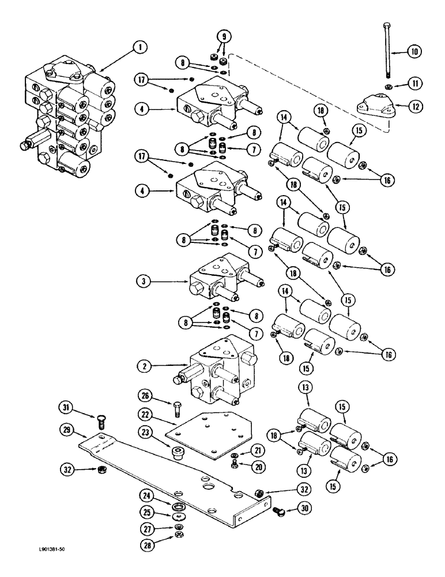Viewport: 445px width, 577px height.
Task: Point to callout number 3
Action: (x=141, y=282)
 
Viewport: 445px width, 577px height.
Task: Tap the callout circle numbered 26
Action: (x=145, y=395)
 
